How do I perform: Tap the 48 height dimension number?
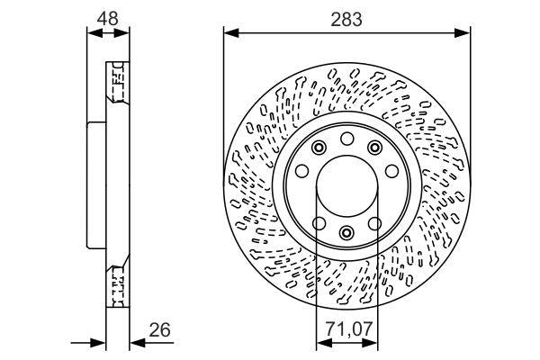[x=107, y=19]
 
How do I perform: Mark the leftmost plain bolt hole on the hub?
[x=302, y=171]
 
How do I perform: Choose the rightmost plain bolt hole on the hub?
[x=391, y=171]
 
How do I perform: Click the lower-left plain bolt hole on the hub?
[x=317, y=223]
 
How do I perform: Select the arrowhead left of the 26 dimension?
[x=99, y=340]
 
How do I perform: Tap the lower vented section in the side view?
[x=115, y=282]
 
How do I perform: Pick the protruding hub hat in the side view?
[x=95, y=184]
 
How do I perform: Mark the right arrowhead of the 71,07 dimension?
[x=372, y=342]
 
